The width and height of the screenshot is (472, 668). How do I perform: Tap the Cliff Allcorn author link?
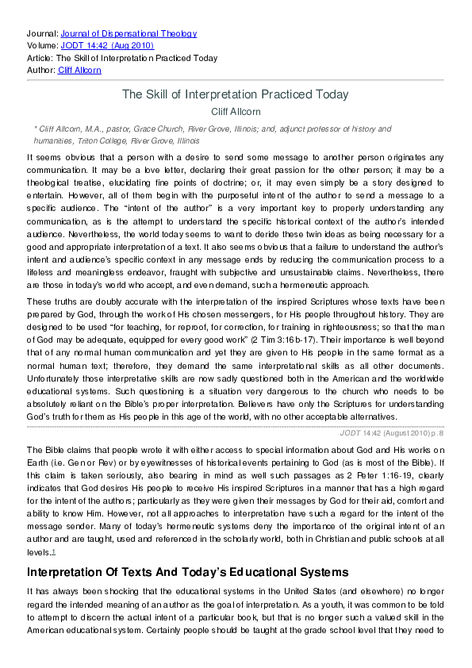click(79, 70)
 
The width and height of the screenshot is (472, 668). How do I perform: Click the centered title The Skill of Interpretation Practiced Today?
click(235, 94)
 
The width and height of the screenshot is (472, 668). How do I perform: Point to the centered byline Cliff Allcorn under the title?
click(235, 112)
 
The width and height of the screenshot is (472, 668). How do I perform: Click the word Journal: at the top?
click(42, 33)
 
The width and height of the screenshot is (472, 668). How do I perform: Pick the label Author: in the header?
click(41, 70)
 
